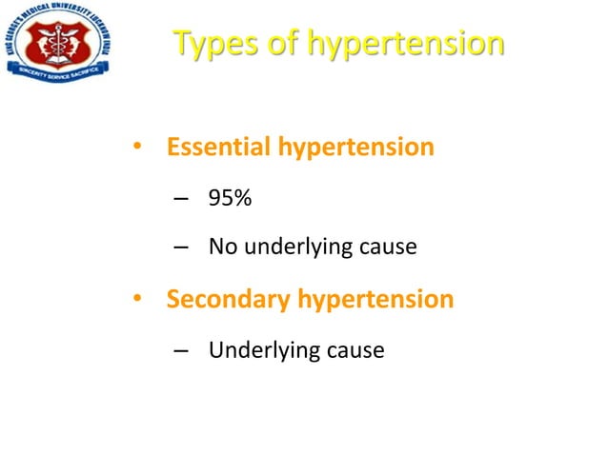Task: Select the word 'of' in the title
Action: coord(283,44)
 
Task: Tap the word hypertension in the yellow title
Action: coord(406,46)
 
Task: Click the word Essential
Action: coord(220,148)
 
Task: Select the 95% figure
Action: coord(229,198)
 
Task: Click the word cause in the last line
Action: coord(356,351)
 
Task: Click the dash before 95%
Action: coord(181,199)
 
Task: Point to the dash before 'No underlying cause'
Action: coord(181,249)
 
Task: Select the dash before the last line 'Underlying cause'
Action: coord(181,351)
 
